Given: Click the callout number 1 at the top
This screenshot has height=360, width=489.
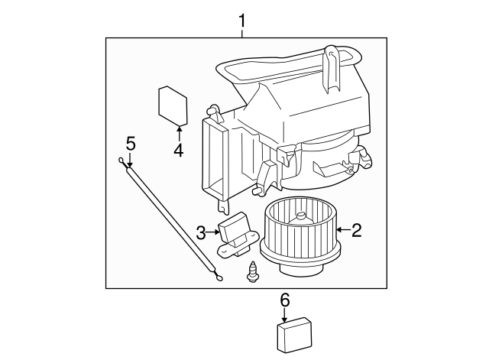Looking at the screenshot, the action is pos(242,21).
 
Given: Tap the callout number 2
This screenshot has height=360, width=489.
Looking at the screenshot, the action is pos(356,230).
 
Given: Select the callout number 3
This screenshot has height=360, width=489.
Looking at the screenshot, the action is pos(201,232).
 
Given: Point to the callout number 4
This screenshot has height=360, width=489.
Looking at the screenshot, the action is pos(179,150).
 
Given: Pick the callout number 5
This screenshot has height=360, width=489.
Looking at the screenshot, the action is pos(131,144).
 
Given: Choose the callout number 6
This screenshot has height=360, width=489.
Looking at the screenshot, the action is pos(285,300).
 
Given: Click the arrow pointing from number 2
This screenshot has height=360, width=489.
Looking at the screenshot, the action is pos(344,230).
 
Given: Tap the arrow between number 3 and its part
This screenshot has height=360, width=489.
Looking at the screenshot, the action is pos(213,232).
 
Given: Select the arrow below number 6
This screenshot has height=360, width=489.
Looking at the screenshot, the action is pos(284,315).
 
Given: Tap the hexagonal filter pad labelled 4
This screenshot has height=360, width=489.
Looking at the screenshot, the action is pos(173,106).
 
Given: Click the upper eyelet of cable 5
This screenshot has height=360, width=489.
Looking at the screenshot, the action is pos(121,161).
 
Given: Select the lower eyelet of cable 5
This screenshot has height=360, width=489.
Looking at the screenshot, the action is pos(219,277).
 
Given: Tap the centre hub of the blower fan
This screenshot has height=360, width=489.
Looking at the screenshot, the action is pos(302,218).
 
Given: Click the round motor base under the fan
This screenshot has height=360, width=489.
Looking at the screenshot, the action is pos(300,270).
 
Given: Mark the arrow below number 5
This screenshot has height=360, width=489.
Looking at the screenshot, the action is pos(130,160).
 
